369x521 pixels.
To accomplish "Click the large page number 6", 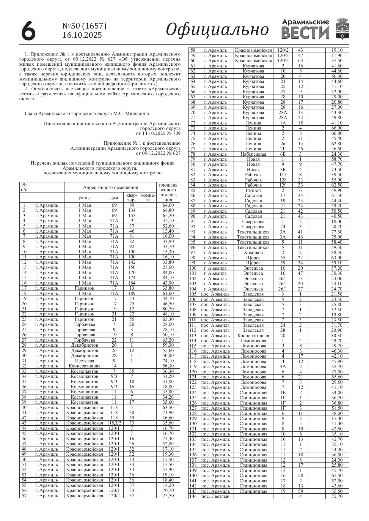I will click(x=29, y=31).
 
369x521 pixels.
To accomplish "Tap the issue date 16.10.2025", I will click(x=82, y=35).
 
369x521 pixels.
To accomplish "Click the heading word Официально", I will click(x=217, y=30).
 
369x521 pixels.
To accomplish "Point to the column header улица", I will click(x=85, y=198).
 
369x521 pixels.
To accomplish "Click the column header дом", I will click(x=114, y=198).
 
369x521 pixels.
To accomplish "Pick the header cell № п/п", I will click(x=24, y=187).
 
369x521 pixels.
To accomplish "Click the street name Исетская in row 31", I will click(x=85, y=361).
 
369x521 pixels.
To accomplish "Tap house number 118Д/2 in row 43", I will click(x=114, y=423).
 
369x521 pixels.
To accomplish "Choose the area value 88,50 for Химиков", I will click(x=337, y=252).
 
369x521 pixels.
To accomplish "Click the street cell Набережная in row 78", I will click(x=253, y=154).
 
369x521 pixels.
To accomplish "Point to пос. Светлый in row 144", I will click(x=215, y=496).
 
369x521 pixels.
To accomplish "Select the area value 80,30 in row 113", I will click(x=337, y=336).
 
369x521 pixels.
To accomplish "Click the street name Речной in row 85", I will click(x=253, y=190).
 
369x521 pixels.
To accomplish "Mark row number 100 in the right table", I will click(x=193, y=268).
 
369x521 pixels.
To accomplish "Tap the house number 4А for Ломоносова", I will click(x=283, y=367).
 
